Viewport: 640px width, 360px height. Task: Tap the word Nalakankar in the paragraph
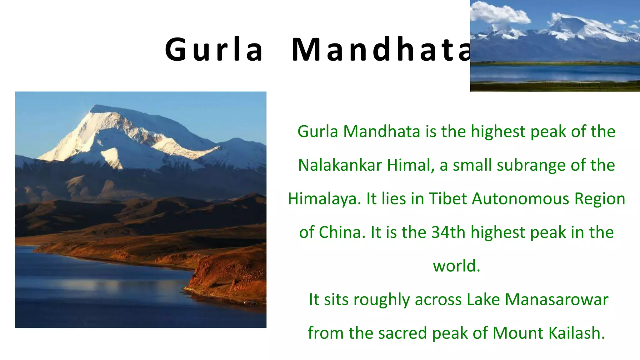pos(340,165)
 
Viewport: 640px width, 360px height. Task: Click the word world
pos(456,266)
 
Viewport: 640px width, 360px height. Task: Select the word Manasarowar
pos(557,299)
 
